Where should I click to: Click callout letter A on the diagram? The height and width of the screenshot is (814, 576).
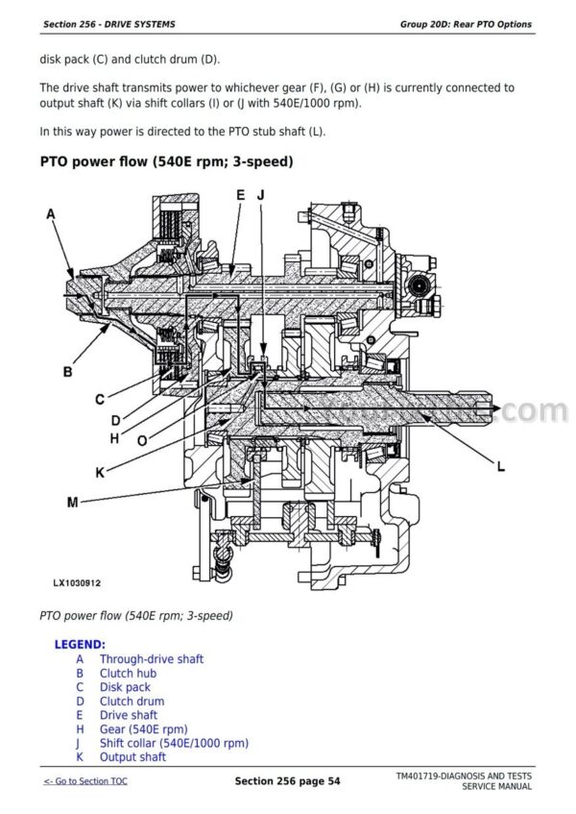click(51, 215)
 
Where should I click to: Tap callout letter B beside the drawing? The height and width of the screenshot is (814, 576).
click(68, 371)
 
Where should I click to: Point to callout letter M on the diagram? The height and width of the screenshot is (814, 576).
click(73, 502)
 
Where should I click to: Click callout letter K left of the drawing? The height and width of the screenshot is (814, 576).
click(99, 472)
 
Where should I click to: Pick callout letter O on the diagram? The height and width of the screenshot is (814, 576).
click(142, 441)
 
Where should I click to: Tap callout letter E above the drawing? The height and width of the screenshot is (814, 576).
click(241, 195)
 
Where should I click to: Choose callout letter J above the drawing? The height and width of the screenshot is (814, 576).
click(260, 195)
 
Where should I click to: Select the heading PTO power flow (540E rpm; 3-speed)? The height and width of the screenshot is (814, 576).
click(166, 161)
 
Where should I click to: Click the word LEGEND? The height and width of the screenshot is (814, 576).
click(80, 644)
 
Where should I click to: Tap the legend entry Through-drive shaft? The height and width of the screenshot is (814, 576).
click(151, 659)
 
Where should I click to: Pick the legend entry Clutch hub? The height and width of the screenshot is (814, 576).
click(128, 674)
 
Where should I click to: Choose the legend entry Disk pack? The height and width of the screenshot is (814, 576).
click(125, 687)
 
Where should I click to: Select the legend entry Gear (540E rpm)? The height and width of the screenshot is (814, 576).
click(143, 729)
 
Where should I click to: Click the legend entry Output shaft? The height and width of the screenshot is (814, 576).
click(132, 757)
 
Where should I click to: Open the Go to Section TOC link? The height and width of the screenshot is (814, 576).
click(85, 781)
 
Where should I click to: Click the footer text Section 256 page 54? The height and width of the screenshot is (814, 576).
click(287, 781)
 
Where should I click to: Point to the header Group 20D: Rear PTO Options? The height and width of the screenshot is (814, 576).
click(466, 24)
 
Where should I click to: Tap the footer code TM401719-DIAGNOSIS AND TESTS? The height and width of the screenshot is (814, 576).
click(463, 776)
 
